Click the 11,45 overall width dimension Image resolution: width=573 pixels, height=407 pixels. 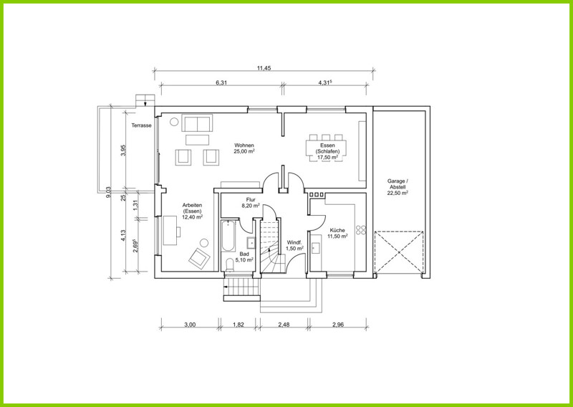264,68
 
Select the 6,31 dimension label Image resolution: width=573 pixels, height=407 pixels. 221,82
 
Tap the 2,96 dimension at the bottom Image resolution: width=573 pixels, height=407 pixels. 338,325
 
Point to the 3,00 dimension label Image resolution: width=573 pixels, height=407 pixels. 190,325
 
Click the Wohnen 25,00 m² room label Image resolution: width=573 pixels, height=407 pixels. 244,148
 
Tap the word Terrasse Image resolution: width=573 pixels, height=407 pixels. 141,125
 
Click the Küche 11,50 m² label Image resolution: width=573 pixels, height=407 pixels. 337,234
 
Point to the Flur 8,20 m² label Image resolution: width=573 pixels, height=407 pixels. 251,203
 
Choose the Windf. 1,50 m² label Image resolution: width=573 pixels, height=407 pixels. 295,245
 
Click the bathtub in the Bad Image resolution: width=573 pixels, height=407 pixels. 228,236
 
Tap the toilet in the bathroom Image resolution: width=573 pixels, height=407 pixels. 230,264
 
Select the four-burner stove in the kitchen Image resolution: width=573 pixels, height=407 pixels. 361,229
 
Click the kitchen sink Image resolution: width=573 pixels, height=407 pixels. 316,247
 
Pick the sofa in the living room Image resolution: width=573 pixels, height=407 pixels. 197,123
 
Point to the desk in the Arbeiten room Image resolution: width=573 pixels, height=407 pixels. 170,231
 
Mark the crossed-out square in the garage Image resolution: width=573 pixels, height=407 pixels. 399,252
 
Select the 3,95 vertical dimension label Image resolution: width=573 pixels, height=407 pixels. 123,150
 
